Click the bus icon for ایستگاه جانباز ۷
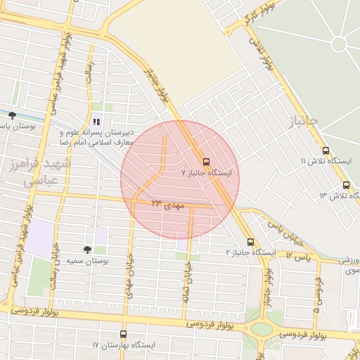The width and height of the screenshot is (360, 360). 206,160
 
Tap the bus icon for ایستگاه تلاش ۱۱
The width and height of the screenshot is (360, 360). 326,150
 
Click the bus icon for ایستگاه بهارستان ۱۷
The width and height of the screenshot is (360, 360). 124,335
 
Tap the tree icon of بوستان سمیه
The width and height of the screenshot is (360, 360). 88,250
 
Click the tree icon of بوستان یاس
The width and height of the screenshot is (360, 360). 12,115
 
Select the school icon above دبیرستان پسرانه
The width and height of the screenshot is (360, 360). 96,122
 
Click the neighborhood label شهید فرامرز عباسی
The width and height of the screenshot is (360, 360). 46,172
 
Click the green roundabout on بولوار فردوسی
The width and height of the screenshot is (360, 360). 262,329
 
